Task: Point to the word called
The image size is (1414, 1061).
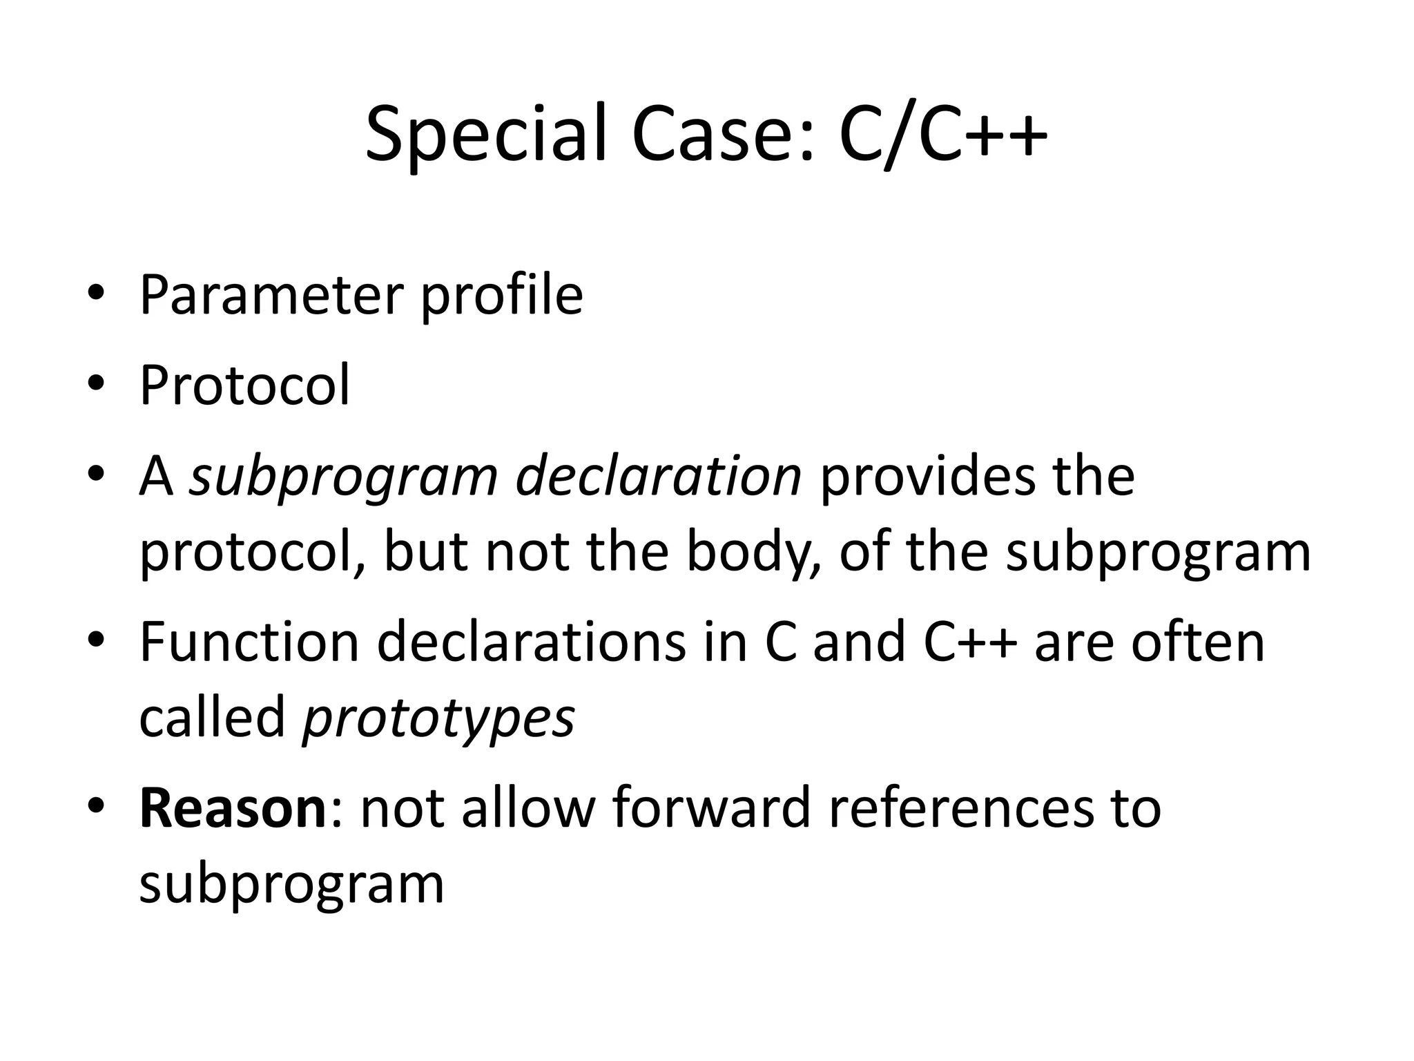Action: (212, 717)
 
